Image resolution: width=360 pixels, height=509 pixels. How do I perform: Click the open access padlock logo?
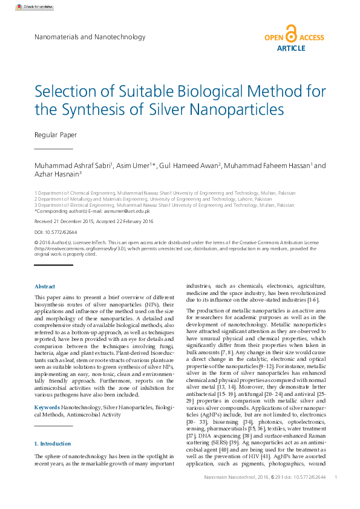(x=291, y=34)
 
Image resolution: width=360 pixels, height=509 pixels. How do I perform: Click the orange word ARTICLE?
(x=291, y=48)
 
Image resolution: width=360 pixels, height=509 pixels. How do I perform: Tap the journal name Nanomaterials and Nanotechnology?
(x=90, y=37)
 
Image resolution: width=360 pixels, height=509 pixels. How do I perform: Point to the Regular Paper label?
(x=56, y=134)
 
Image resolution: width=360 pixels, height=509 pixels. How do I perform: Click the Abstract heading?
(x=45, y=287)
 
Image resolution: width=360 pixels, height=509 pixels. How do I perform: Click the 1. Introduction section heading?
(x=53, y=444)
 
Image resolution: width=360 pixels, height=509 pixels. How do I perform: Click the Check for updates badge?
(x=30, y=7)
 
